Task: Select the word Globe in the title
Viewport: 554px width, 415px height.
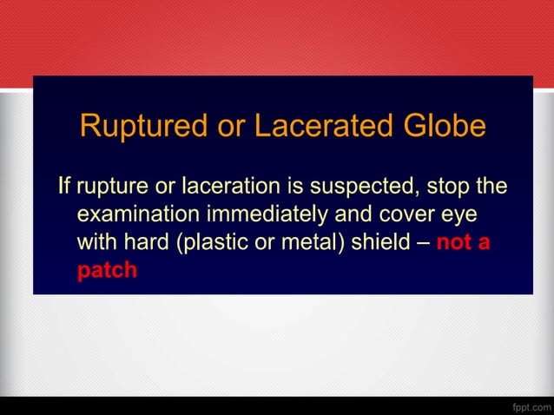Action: click(443, 127)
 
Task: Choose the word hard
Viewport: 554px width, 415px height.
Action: click(145, 241)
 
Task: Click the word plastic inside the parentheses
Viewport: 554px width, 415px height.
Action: click(209, 241)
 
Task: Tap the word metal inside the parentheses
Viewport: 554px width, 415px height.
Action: click(300, 241)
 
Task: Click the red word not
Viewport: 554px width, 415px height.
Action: click(452, 241)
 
